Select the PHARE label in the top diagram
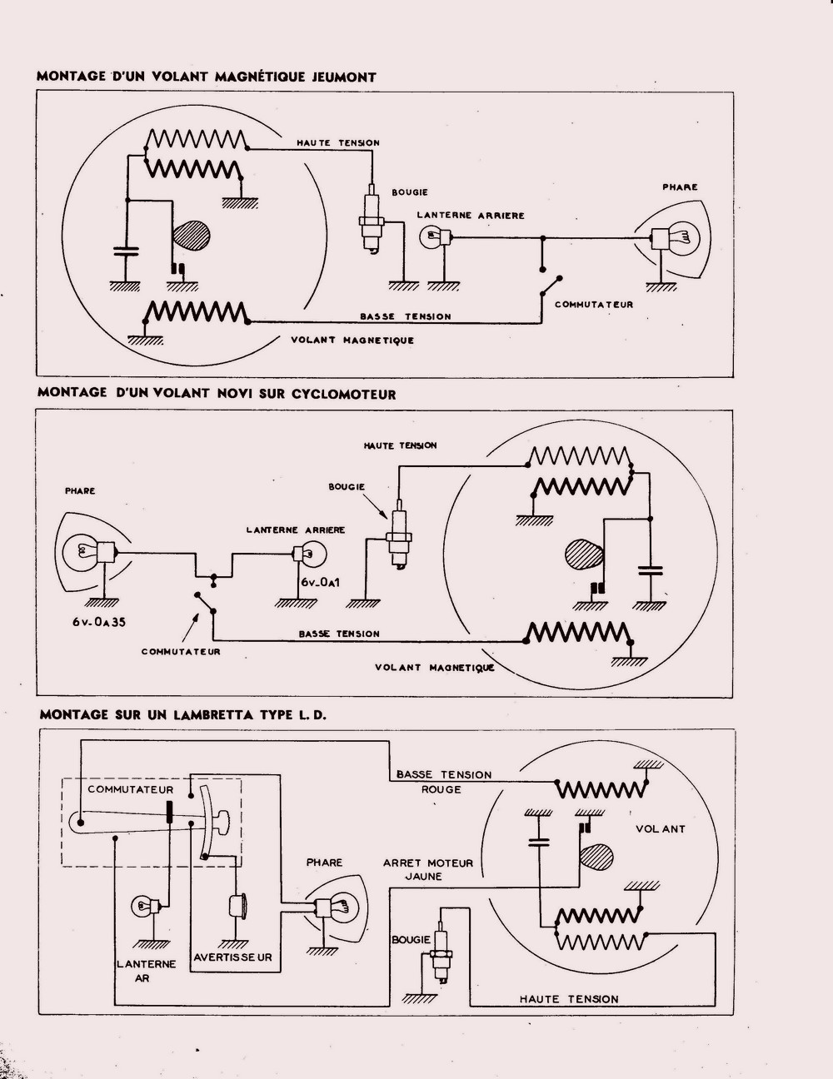(680, 187)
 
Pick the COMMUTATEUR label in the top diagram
(594, 305)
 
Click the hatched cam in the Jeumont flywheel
(192, 234)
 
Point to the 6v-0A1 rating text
(320, 583)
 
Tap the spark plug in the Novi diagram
(399, 537)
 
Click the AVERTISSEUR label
(233, 957)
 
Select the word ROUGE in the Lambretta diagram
(441, 789)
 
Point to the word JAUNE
(423, 876)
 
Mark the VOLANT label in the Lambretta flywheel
(661, 829)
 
